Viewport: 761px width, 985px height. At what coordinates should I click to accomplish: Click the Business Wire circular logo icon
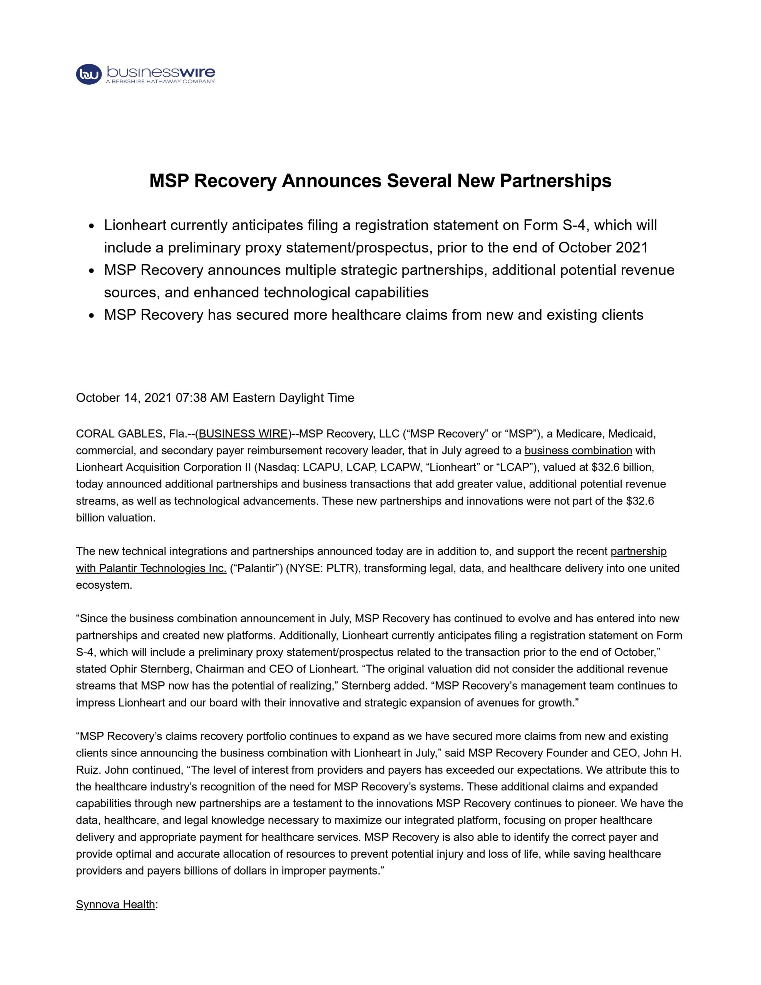pos(89,74)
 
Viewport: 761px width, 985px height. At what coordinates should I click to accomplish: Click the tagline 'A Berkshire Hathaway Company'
pos(160,82)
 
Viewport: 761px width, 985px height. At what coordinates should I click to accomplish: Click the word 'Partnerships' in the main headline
pos(555,181)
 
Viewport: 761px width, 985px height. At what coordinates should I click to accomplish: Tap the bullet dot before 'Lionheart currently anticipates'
pos(92,226)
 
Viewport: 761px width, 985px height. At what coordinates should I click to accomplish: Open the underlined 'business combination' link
pos(578,451)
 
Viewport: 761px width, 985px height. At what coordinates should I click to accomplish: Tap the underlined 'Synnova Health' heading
pos(115,904)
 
